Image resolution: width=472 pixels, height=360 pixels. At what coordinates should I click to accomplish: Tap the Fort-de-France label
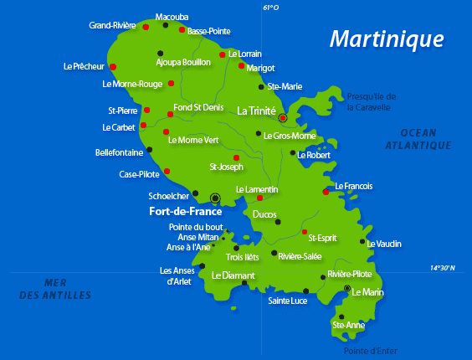180,212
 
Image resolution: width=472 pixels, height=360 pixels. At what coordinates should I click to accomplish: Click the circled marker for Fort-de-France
215,198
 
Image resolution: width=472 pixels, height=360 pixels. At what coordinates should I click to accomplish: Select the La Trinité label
256,110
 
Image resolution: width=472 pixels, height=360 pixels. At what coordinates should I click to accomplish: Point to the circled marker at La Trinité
283,118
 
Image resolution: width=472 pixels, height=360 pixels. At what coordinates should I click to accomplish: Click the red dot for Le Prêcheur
113,66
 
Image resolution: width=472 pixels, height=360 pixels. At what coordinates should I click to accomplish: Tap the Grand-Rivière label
112,25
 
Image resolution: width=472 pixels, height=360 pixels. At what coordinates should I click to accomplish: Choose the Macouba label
172,16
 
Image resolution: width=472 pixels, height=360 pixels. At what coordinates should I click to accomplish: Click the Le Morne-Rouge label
132,84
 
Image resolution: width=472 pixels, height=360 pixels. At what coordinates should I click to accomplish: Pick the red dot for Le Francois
326,192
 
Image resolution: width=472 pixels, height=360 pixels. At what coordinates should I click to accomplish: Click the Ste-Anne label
349,325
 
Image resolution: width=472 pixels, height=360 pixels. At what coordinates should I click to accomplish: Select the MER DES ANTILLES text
55,289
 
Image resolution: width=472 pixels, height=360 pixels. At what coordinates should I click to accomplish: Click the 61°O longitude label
269,8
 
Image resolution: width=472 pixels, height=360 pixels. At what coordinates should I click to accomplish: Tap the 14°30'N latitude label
443,268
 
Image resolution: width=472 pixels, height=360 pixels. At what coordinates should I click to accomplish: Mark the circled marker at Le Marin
347,288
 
